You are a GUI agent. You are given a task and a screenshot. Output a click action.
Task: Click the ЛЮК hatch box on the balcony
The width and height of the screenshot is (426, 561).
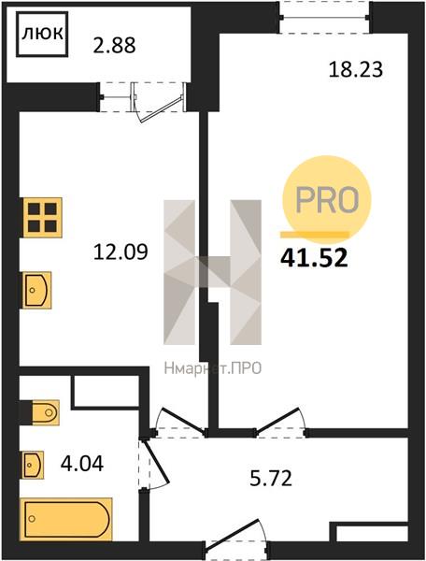pos(42,34)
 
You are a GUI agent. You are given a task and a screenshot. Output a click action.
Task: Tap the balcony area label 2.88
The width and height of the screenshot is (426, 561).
pos(114,46)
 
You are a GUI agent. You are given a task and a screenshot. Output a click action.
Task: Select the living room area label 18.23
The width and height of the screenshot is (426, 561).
pos(356,69)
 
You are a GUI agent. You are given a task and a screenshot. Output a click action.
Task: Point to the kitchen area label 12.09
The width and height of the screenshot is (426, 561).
pos(121,252)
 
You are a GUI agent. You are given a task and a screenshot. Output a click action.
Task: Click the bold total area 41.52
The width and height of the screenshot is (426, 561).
pos(314,258)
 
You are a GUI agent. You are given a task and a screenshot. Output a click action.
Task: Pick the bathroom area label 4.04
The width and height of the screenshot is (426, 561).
pos(82,464)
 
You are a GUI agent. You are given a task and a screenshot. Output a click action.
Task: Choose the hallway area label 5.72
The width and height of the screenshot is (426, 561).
pos(271,479)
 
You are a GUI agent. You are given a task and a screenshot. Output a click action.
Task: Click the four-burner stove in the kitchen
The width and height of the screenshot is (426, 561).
pos(43,218)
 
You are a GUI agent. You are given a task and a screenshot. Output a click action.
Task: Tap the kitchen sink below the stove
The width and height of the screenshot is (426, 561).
pos(36,290)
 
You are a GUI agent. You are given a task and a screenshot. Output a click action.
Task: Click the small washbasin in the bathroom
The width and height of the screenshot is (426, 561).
pos(34,465)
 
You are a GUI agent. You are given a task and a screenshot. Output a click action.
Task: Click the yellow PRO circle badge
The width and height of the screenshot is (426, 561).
pos(327,199)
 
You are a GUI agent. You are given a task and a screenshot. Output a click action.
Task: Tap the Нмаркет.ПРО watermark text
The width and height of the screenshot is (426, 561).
pos(213,368)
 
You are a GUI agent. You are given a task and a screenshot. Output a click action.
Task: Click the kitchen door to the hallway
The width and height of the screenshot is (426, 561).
pos(179,423)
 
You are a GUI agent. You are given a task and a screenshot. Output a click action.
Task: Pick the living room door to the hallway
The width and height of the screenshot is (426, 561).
pos(281,423)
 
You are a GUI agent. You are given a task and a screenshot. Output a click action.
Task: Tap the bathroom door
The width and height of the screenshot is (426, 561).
pos(154,465)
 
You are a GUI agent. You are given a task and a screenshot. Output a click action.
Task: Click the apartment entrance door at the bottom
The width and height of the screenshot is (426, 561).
pos(235,539)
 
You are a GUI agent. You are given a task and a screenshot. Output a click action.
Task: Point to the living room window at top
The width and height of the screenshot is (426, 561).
pos(324,17)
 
